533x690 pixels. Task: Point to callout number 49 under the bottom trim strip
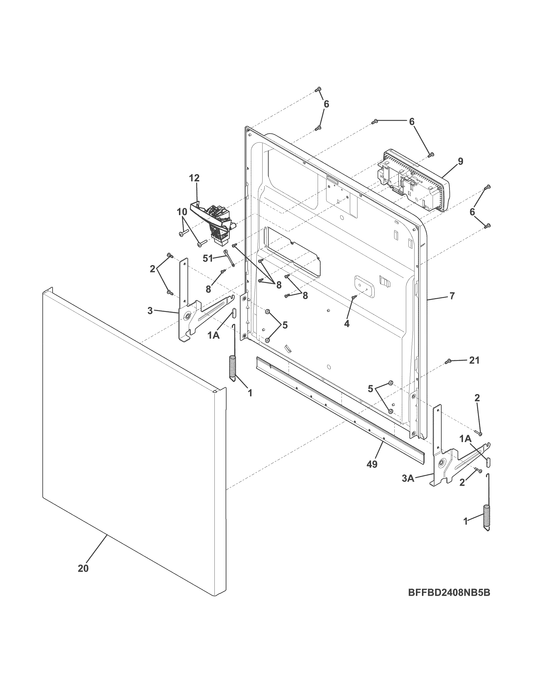(x=372, y=464)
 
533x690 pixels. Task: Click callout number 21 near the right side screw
(x=474, y=360)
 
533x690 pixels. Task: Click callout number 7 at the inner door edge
(x=452, y=296)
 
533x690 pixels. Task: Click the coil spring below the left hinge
(x=233, y=367)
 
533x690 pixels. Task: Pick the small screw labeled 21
(x=448, y=361)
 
